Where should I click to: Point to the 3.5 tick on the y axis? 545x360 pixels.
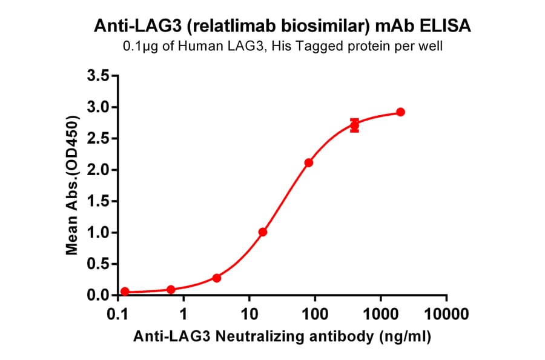(99, 76)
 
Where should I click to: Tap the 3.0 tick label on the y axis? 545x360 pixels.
(99, 107)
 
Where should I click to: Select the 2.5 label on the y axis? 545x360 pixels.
(99, 139)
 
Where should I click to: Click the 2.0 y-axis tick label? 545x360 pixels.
(99, 170)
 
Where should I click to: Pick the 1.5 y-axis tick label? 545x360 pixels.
(99, 201)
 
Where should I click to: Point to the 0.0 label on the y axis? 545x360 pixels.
(99, 296)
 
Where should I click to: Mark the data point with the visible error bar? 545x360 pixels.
(355, 125)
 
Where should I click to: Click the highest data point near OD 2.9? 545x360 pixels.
(401, 112)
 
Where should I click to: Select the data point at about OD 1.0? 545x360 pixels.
(263, 232)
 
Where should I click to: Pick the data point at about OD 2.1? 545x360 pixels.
(309, 162)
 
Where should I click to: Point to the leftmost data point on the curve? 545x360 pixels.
(125, 292)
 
